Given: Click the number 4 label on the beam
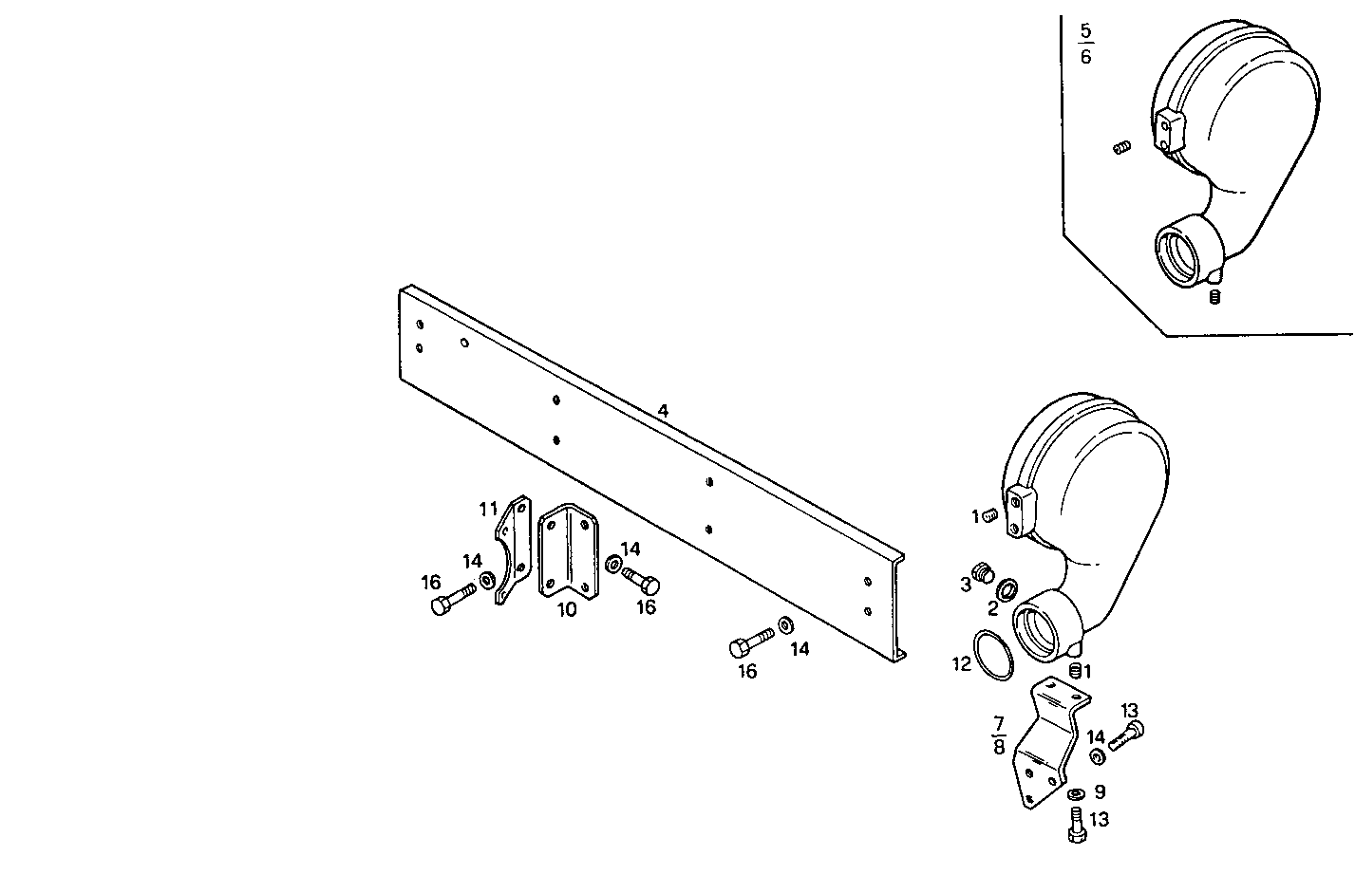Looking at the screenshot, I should pyautogui.click(x=663, y=411).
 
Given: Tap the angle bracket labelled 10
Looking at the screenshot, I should pyautogui.click(x=567, y=552).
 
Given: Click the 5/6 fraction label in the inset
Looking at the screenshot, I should pyautogui.click(x=1085, y=44).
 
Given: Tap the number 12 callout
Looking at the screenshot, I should pyautogui.click(x=962, y=664).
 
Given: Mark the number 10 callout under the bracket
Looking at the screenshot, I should pyautogui.click(x=567, y=610).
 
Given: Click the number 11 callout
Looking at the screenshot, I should pyautogui.click(x=488, y=510).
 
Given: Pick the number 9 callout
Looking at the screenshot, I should pyautogui.click(x=1100, y=791).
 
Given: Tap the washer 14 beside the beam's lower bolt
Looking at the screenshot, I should pyautogui.click(x=786, y=625).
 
